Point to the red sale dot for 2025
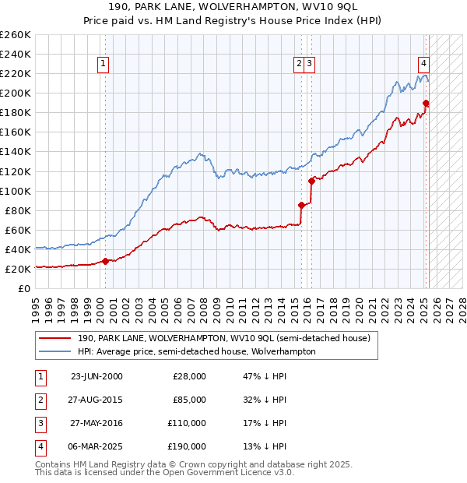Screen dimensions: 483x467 (426, 103)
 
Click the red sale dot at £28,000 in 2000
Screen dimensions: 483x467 (105, 262)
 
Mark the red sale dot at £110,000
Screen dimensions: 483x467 (311, 181)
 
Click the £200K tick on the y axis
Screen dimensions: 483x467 (16, 93)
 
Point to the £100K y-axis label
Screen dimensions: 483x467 (16, 191)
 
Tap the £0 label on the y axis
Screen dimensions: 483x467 (23, 288)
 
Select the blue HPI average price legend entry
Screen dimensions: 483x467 (196, 351)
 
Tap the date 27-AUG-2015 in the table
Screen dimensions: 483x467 (97, 400)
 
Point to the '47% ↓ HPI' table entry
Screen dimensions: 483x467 (265, 376)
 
